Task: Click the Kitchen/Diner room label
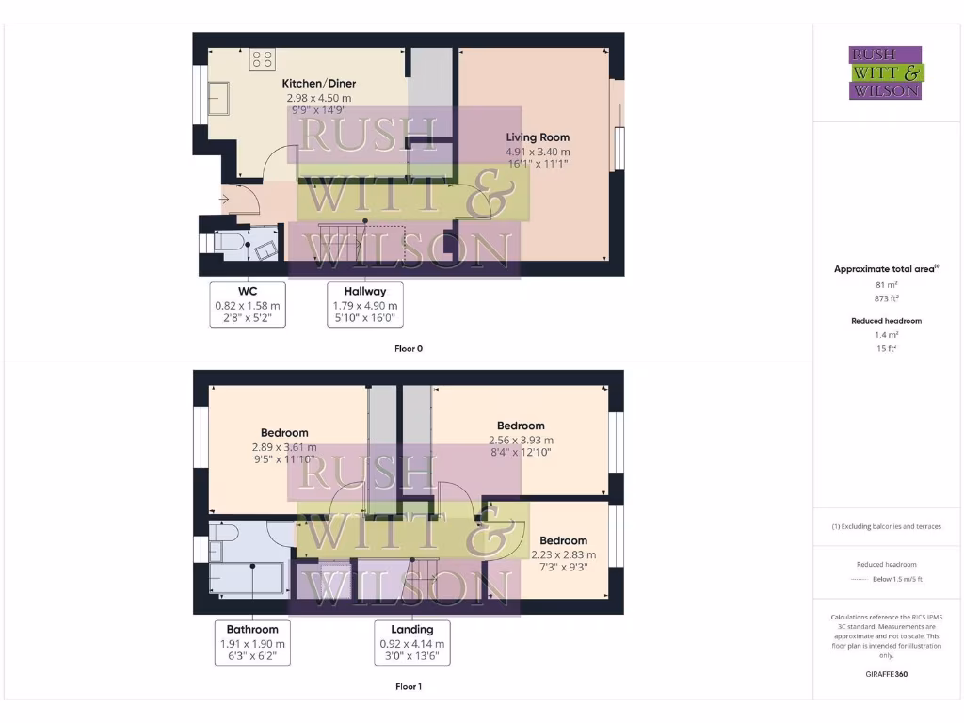coord(318,84)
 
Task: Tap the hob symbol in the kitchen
coord(262,60)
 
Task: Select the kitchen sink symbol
coord(218,97)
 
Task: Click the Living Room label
coord(538,137)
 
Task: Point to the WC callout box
coord(247,304)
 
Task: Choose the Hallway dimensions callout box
coord(365,304)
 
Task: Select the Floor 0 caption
coord(408,348)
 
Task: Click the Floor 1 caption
coord(408,686)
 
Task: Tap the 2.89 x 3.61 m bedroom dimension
coord(284,447)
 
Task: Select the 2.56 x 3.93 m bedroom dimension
coord(521,440)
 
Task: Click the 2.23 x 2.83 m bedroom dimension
coord(563,554)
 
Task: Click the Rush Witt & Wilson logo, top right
coord(885,72)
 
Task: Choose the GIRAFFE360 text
coord(885,674)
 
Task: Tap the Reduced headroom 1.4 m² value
coord(885,335)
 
